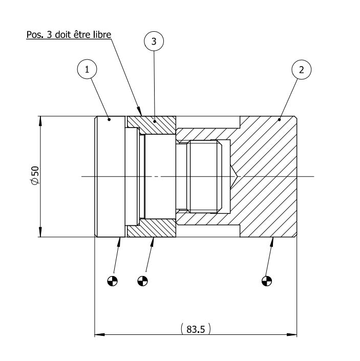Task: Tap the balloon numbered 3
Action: tap(154, 42)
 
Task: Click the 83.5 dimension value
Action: tap(196, 329)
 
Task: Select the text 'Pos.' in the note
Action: tap(35, 35)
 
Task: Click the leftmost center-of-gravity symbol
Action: tap(113, 280)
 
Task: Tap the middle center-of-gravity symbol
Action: tap(143, 280)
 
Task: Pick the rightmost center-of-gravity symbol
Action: tap(266, 280)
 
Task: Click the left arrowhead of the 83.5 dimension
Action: tap(98, 335)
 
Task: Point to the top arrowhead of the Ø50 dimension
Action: tap(40, 120)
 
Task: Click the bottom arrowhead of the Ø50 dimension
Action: tap(40, 234)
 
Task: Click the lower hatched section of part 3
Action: tap(152, 230)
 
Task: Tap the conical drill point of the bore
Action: tap(233, 177)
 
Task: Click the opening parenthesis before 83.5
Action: tap(182, 329)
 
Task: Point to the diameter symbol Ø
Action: tap(35, 183)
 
